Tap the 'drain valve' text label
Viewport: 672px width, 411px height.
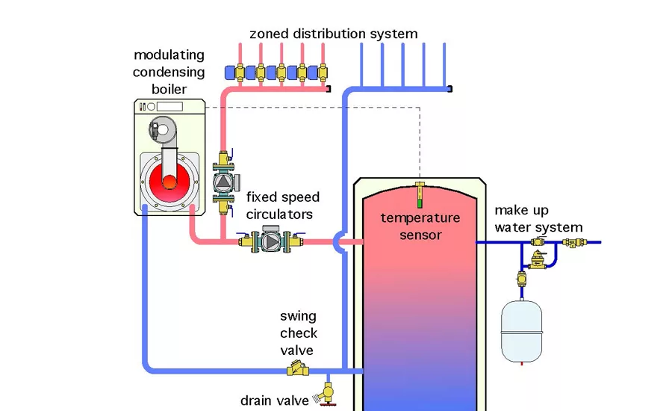(274, 401)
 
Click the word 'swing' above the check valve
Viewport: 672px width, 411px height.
(299, 317)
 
